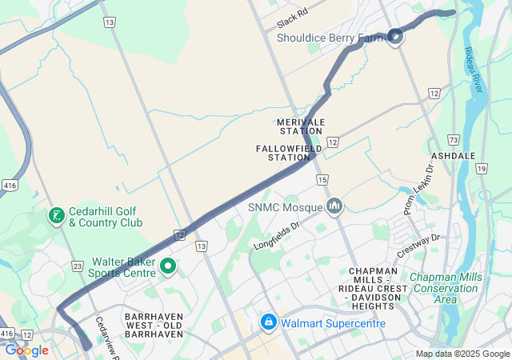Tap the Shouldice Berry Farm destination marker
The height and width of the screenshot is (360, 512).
point(395,35)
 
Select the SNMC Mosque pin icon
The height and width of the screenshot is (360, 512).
point(334,206)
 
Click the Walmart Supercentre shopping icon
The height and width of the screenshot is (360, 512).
point(268,322)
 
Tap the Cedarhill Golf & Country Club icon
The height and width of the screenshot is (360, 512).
point(56,216)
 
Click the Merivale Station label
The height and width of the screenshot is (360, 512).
point(301,126)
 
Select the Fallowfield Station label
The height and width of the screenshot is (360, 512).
point(289,153)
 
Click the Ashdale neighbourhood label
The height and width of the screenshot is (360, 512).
point(454,155)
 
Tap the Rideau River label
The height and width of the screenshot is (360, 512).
point(474,70)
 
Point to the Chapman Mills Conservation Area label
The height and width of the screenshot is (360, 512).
point(444,288)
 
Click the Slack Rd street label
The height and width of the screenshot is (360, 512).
point(292,14)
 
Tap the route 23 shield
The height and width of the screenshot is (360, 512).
point(77,266)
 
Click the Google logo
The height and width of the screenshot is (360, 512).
point(26,350)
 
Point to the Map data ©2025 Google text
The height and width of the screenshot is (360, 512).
point(462,354)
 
